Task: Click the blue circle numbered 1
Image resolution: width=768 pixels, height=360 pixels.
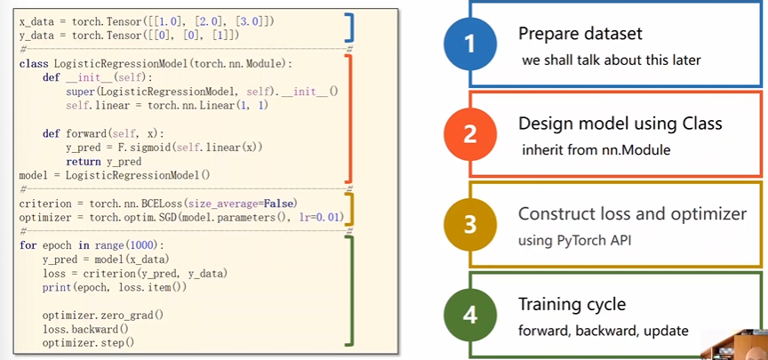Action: pos(470,44)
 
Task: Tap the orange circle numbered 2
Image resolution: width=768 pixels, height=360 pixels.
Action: pos(470,133)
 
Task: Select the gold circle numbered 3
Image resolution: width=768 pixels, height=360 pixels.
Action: pos(470,224)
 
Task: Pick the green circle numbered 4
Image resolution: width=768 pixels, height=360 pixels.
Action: pos(470,315)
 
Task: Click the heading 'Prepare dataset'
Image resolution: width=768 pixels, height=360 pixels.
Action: pos(580,33)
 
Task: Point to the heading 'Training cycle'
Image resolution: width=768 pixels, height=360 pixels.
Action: pos(572,304)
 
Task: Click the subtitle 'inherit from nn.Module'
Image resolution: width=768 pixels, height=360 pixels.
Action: pos(596,150)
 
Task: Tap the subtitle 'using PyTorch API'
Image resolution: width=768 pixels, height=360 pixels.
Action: pos(574,241)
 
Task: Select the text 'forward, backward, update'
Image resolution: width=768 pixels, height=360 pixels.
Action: pos(604,331)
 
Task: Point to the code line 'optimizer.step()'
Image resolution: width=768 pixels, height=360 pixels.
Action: pos(88,343)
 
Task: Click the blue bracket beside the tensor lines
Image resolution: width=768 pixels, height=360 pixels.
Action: pos(348,28)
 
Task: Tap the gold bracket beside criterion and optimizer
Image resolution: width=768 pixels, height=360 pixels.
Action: pos(348,209)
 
